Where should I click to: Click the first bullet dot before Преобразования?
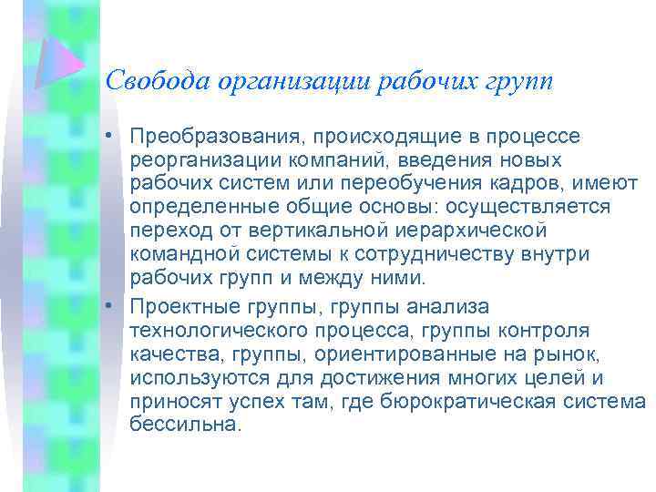[108, 137]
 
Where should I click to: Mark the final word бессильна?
[187, 425]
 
